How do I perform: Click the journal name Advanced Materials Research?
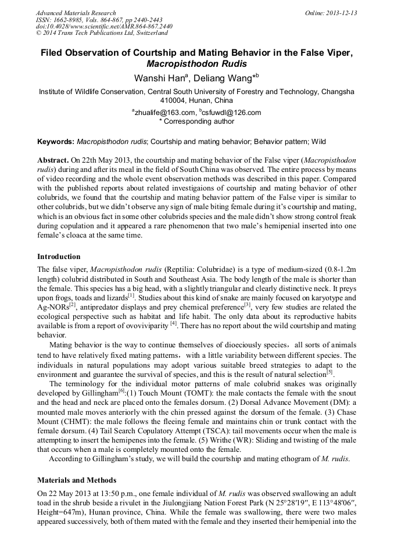tap(76, 13)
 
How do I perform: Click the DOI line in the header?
tap(104, 27)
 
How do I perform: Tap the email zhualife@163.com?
tap(164, 113)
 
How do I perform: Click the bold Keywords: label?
tap(56, 141)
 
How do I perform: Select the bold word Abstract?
tap(52, 159)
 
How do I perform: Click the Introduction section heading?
tap(59, 257)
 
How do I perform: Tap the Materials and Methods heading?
tap(77, 480)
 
